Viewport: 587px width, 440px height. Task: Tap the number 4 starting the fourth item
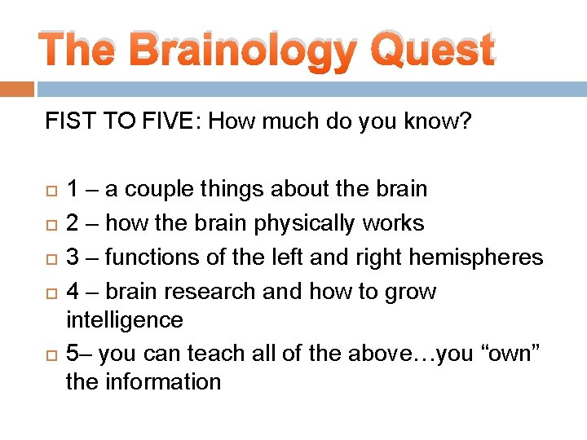click(x=73, y=292)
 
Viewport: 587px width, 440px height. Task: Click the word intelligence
click(x=124, y=320)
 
